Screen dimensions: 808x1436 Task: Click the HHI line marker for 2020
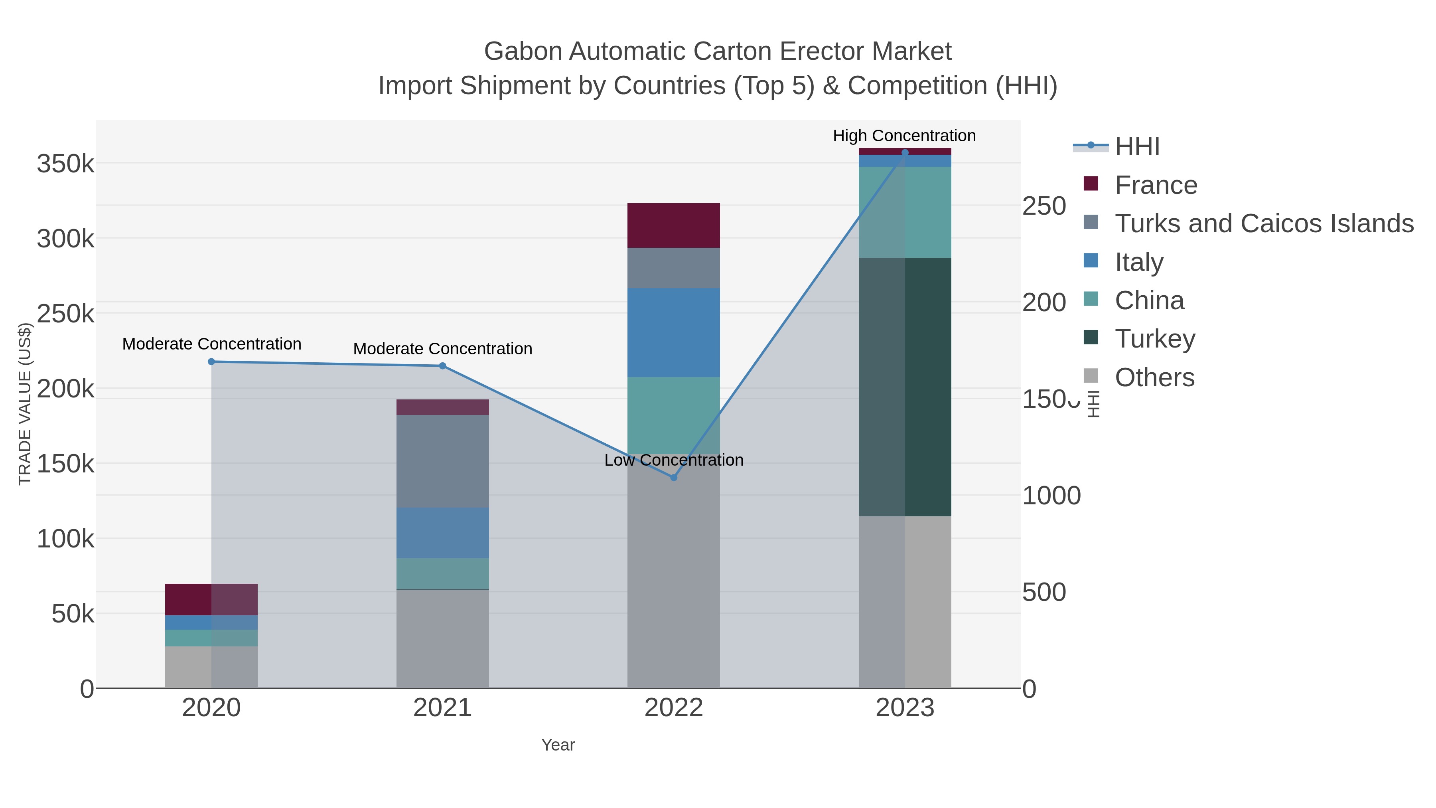[x=211, y=362]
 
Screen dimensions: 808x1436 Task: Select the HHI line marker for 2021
[x=443, y=366]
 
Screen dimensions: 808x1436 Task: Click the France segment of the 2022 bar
[x=673, y=225]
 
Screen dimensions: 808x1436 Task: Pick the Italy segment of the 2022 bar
[x=673, y=332]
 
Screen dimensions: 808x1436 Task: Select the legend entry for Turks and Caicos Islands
[x=1264, y=223]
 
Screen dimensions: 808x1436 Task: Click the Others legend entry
[x=1154, y=377]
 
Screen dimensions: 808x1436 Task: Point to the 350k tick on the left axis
[x=65, y=164]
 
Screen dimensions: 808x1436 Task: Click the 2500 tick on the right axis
[x=1043, y=206]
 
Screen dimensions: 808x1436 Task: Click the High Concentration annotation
[x=904, y=136]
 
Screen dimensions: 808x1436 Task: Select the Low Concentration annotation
[x=673, y=460]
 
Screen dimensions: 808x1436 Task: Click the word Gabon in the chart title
[x=523, y=51]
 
